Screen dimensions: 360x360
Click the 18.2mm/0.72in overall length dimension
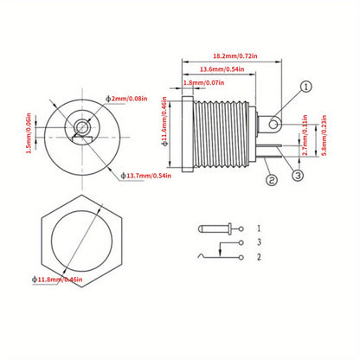click(x=230, y=52)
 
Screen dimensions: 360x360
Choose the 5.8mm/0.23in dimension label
click(x=321, y=136)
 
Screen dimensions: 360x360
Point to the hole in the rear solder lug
click(x=275, y=126)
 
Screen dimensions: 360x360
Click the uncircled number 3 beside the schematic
click(x=259, y=244)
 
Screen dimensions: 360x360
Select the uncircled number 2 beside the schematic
click(x=259, y=258)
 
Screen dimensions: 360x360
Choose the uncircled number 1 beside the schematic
click(x=259, y=229)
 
